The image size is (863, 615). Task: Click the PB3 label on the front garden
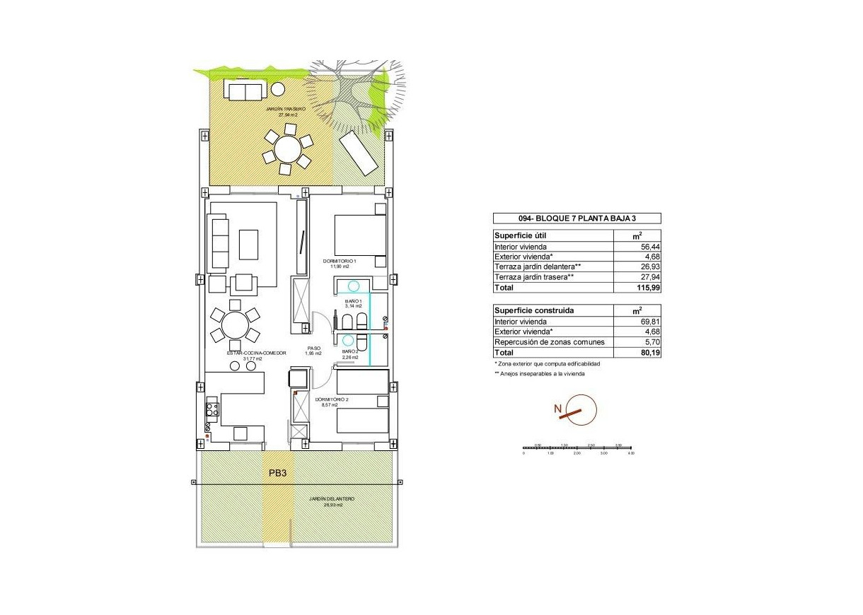click(x=277, y=474)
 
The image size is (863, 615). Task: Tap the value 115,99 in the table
click(x=648, y=288)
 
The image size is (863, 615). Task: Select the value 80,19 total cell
click(x=649, y=352)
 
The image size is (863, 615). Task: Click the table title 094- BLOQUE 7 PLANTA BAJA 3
click(x=577, y=218)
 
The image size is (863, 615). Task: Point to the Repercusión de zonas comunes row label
click(x=550, y=342)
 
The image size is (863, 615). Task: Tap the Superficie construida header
click(x=535, y=310)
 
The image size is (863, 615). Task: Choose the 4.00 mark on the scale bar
click(x=632, y=452)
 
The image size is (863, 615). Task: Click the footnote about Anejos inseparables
click(x=540, y=373)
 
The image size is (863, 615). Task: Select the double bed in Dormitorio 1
click(x=360, y=235)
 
